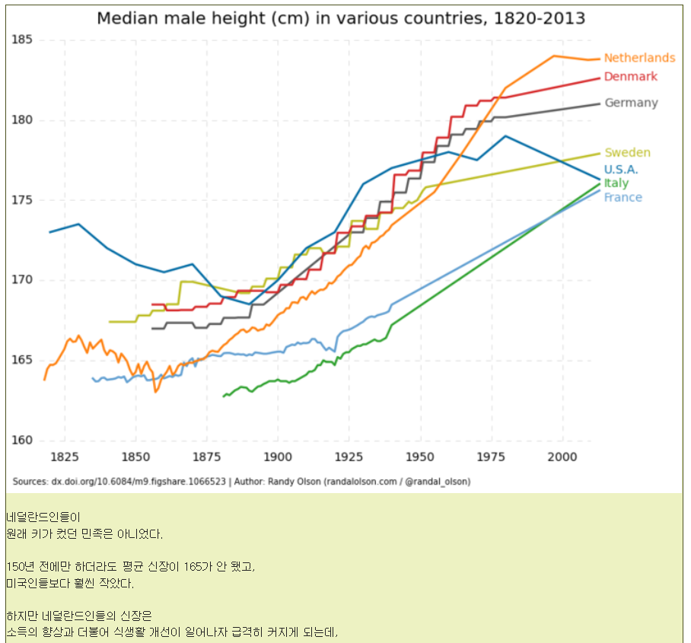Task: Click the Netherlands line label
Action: pyautogui.click(x=639, y=58)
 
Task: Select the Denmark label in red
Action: pyautogui.click(x=631, y=77)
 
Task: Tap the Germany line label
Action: pyautogui.click(x=631, y=103)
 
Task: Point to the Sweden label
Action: pyautogui.click(x=627, y=152)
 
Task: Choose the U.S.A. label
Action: pyautogui.click(x=620, y=170)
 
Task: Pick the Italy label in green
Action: pyautogui.click(x=616, y=183)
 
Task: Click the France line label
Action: pyautogui.click(x=623, y=197)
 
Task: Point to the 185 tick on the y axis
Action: pyautogui.click(x=22, y=40)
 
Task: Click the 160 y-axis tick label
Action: pyautogui.click(x=22, y=440)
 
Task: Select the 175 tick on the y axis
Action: pyautogui.click(x=22, y=200)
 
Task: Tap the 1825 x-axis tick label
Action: pyautogui.click(x=65, y=457)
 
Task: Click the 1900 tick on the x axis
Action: pyautogui.click(x=278, y=457)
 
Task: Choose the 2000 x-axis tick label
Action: pyautogui.click(x=562, y=457)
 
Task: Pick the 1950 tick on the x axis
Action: pyautogui.click(x=420, y=457)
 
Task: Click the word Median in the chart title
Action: pyautogui.click(x=127, y=18)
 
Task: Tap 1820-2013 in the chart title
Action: pyautogui.click(x=540, y=18)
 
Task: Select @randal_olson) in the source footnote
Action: pyautogui.click(x=438, y=482)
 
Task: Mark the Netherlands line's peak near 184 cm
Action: pyautogui.click(x=554, y=56)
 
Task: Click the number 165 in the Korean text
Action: pyautogui.click(x=193, y=566)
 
